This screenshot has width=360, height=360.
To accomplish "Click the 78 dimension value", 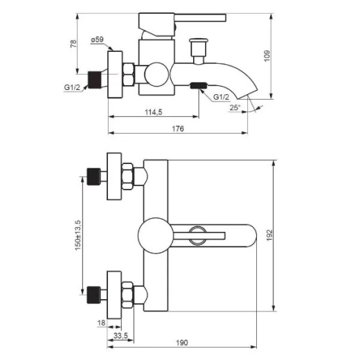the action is click(x=73, y=44).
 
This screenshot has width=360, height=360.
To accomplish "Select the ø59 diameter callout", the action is click(x=97, y=39).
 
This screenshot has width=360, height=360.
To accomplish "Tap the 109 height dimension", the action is click(x=267, y=56).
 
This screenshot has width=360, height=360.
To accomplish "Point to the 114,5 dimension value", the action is click(x=154, y=112).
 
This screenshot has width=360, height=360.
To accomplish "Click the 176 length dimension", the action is click(x=178, y=129).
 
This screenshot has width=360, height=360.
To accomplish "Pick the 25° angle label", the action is click(x=235, y=107).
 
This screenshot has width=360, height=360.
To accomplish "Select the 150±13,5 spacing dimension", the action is click(x=78, y=235).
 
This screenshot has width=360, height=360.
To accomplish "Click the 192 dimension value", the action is click(x=269, y=235).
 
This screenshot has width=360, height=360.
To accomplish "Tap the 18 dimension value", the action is click(x=101, y=323).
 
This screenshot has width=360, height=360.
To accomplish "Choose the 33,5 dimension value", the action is click(x=120, y=336).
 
